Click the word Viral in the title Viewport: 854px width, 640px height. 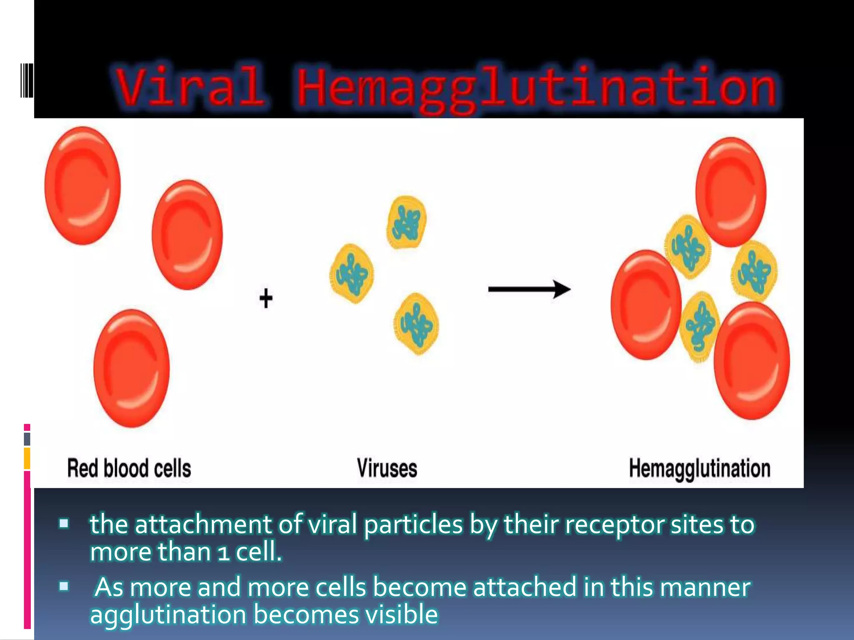(190, 87)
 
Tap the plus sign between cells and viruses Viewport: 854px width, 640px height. (266, 298)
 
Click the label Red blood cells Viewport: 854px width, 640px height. (129, 468)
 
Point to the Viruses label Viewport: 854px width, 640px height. (387, 468)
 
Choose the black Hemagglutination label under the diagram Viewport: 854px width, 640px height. (699, 468)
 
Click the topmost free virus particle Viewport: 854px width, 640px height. (407, 222)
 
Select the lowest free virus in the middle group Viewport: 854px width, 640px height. (416, 324)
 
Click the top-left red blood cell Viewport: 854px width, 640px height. (83, 186)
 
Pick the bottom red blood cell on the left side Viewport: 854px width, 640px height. (132, 368)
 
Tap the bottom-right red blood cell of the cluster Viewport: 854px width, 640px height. (751, 361)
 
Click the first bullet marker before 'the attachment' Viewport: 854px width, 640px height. (64, 523)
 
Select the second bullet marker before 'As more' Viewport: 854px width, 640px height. (64, 587)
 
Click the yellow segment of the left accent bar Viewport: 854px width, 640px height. (27, 458)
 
